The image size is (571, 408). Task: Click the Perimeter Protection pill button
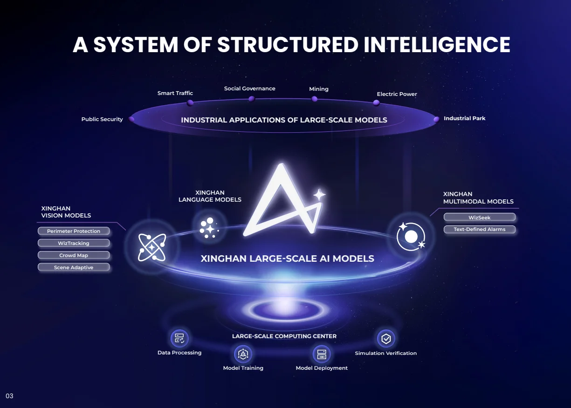pos(74,231)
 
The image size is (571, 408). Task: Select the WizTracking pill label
pos(74,243)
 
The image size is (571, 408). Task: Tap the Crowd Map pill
pos(74,255)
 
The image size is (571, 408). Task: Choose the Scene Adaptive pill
pos(74,267)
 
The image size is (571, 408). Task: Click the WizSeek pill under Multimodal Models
pos(480,217)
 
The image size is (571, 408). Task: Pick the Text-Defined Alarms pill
pos(480,229)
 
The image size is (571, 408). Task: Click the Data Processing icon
pos(179,339)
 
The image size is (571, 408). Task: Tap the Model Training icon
pos(243,354)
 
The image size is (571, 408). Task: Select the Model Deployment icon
pos(322,354)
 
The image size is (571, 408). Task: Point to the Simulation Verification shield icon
pos(386,339)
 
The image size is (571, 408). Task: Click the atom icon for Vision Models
pos(152,247)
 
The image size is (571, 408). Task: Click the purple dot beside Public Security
pos(131,119)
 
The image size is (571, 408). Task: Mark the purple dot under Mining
pos(315,99)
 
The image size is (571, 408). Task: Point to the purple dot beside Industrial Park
pos(436,119)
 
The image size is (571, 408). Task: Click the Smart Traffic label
pos(175,93)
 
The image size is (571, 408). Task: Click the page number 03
pos(9,396)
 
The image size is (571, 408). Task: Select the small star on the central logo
pos(319,195)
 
